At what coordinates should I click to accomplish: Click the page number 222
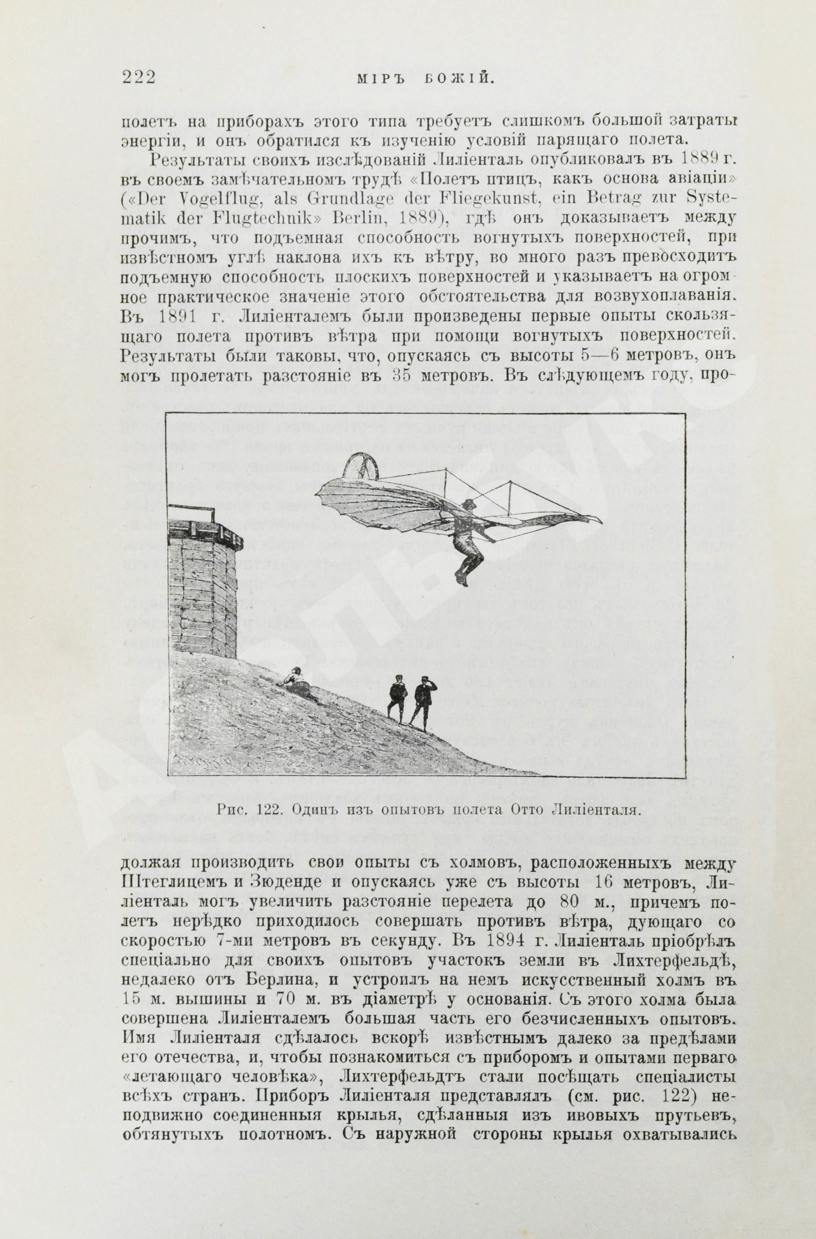point(139,78)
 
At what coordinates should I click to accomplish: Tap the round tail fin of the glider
point(362,467)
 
